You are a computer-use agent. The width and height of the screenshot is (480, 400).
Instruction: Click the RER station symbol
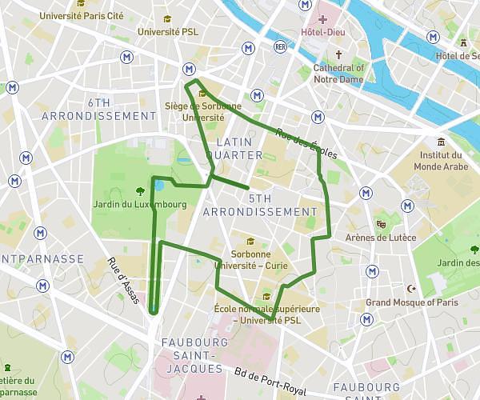click(280, 46)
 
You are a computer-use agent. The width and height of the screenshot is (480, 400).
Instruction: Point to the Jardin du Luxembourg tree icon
click(140, 190)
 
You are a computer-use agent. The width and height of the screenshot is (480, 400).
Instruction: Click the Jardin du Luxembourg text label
click(139, 205)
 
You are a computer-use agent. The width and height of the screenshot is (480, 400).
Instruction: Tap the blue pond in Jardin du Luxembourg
click(158, 186)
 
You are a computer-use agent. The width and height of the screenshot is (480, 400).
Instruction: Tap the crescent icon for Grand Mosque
click(412, 288)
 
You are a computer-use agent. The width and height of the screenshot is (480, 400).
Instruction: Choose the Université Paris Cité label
click(82, 15)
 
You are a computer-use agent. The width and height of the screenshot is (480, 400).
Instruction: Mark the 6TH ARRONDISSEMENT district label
click(122, 109)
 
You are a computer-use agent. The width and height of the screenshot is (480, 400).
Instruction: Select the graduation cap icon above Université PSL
click(166, 18)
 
